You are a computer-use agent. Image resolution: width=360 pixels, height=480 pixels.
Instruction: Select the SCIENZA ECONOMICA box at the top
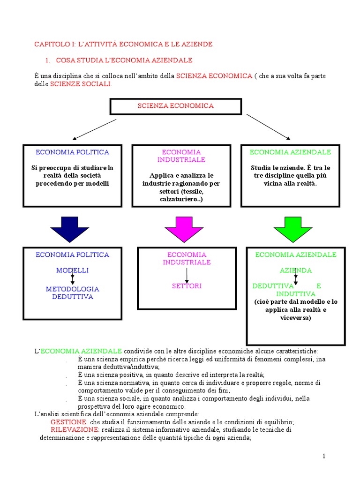coord(175,106)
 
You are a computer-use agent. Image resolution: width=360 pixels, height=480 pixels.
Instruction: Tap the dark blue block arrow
coord(69,229)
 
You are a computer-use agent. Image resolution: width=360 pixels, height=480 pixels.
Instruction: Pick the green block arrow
coord(293,229)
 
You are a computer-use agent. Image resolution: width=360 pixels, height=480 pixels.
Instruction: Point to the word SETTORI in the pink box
coord(186,286)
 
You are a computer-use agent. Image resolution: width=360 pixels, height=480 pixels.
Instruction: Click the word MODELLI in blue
coord(72,270)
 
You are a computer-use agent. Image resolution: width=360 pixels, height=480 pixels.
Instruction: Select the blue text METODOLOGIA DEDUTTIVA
coord(72,293)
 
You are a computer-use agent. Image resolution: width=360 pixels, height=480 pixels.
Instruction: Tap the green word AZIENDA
coord(296,270)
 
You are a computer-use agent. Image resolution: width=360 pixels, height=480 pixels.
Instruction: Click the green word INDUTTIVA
coord(296,294)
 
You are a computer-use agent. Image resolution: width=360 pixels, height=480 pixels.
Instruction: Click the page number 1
coord(323,456)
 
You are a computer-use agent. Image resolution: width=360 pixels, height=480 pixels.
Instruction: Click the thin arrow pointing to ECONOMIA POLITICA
coord(94,129)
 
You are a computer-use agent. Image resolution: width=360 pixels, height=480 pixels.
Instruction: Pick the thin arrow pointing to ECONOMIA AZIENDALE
coord(269,127)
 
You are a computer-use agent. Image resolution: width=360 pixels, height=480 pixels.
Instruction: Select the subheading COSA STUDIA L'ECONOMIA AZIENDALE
coord(124,60)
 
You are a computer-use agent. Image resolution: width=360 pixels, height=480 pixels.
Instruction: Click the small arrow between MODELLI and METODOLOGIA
coord(72,280)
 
